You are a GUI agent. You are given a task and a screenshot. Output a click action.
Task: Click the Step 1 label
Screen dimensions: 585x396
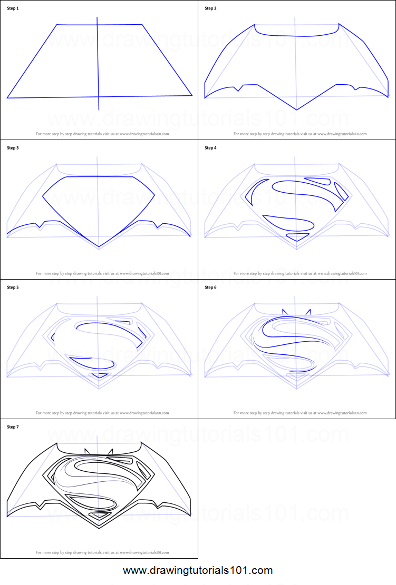[11, 9]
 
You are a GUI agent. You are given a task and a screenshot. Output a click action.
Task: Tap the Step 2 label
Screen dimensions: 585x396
[210, 9]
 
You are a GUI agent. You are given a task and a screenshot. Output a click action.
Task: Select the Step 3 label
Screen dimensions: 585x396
[11, 148]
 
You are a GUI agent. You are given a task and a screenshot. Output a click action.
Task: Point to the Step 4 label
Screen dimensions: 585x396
[210, 148]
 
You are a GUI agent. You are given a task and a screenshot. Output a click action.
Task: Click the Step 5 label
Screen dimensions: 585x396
[11, 287]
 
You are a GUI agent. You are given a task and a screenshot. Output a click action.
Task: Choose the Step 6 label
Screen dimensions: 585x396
[210, 287]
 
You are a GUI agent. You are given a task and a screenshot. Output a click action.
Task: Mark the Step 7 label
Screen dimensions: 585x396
[11, 427]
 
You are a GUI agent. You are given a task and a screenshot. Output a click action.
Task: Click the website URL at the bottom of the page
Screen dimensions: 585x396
[198, 570]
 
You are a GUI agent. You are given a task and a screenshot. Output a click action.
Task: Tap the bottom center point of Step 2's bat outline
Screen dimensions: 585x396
[297, 110]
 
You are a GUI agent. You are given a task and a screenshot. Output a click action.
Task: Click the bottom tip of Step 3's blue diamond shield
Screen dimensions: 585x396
[99, 247]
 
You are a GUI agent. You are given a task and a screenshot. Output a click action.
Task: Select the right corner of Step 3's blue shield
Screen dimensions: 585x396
[154, 195]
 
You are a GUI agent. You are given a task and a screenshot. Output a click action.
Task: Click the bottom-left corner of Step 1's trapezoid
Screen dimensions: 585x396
[7, 98]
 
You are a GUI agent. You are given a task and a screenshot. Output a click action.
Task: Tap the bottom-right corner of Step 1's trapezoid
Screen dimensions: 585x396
[192, 95]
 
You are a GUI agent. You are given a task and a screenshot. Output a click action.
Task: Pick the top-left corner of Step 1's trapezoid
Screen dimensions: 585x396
[57, 24]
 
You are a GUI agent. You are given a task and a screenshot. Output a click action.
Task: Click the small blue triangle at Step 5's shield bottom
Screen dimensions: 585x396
[99, 375]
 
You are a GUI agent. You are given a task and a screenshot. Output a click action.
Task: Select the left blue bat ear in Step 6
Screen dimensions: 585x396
[285, 313]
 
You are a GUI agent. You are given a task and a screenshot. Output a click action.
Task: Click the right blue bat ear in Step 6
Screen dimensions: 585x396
[308, 313]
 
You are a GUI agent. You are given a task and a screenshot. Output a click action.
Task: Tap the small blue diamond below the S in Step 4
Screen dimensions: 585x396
[297, 237]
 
